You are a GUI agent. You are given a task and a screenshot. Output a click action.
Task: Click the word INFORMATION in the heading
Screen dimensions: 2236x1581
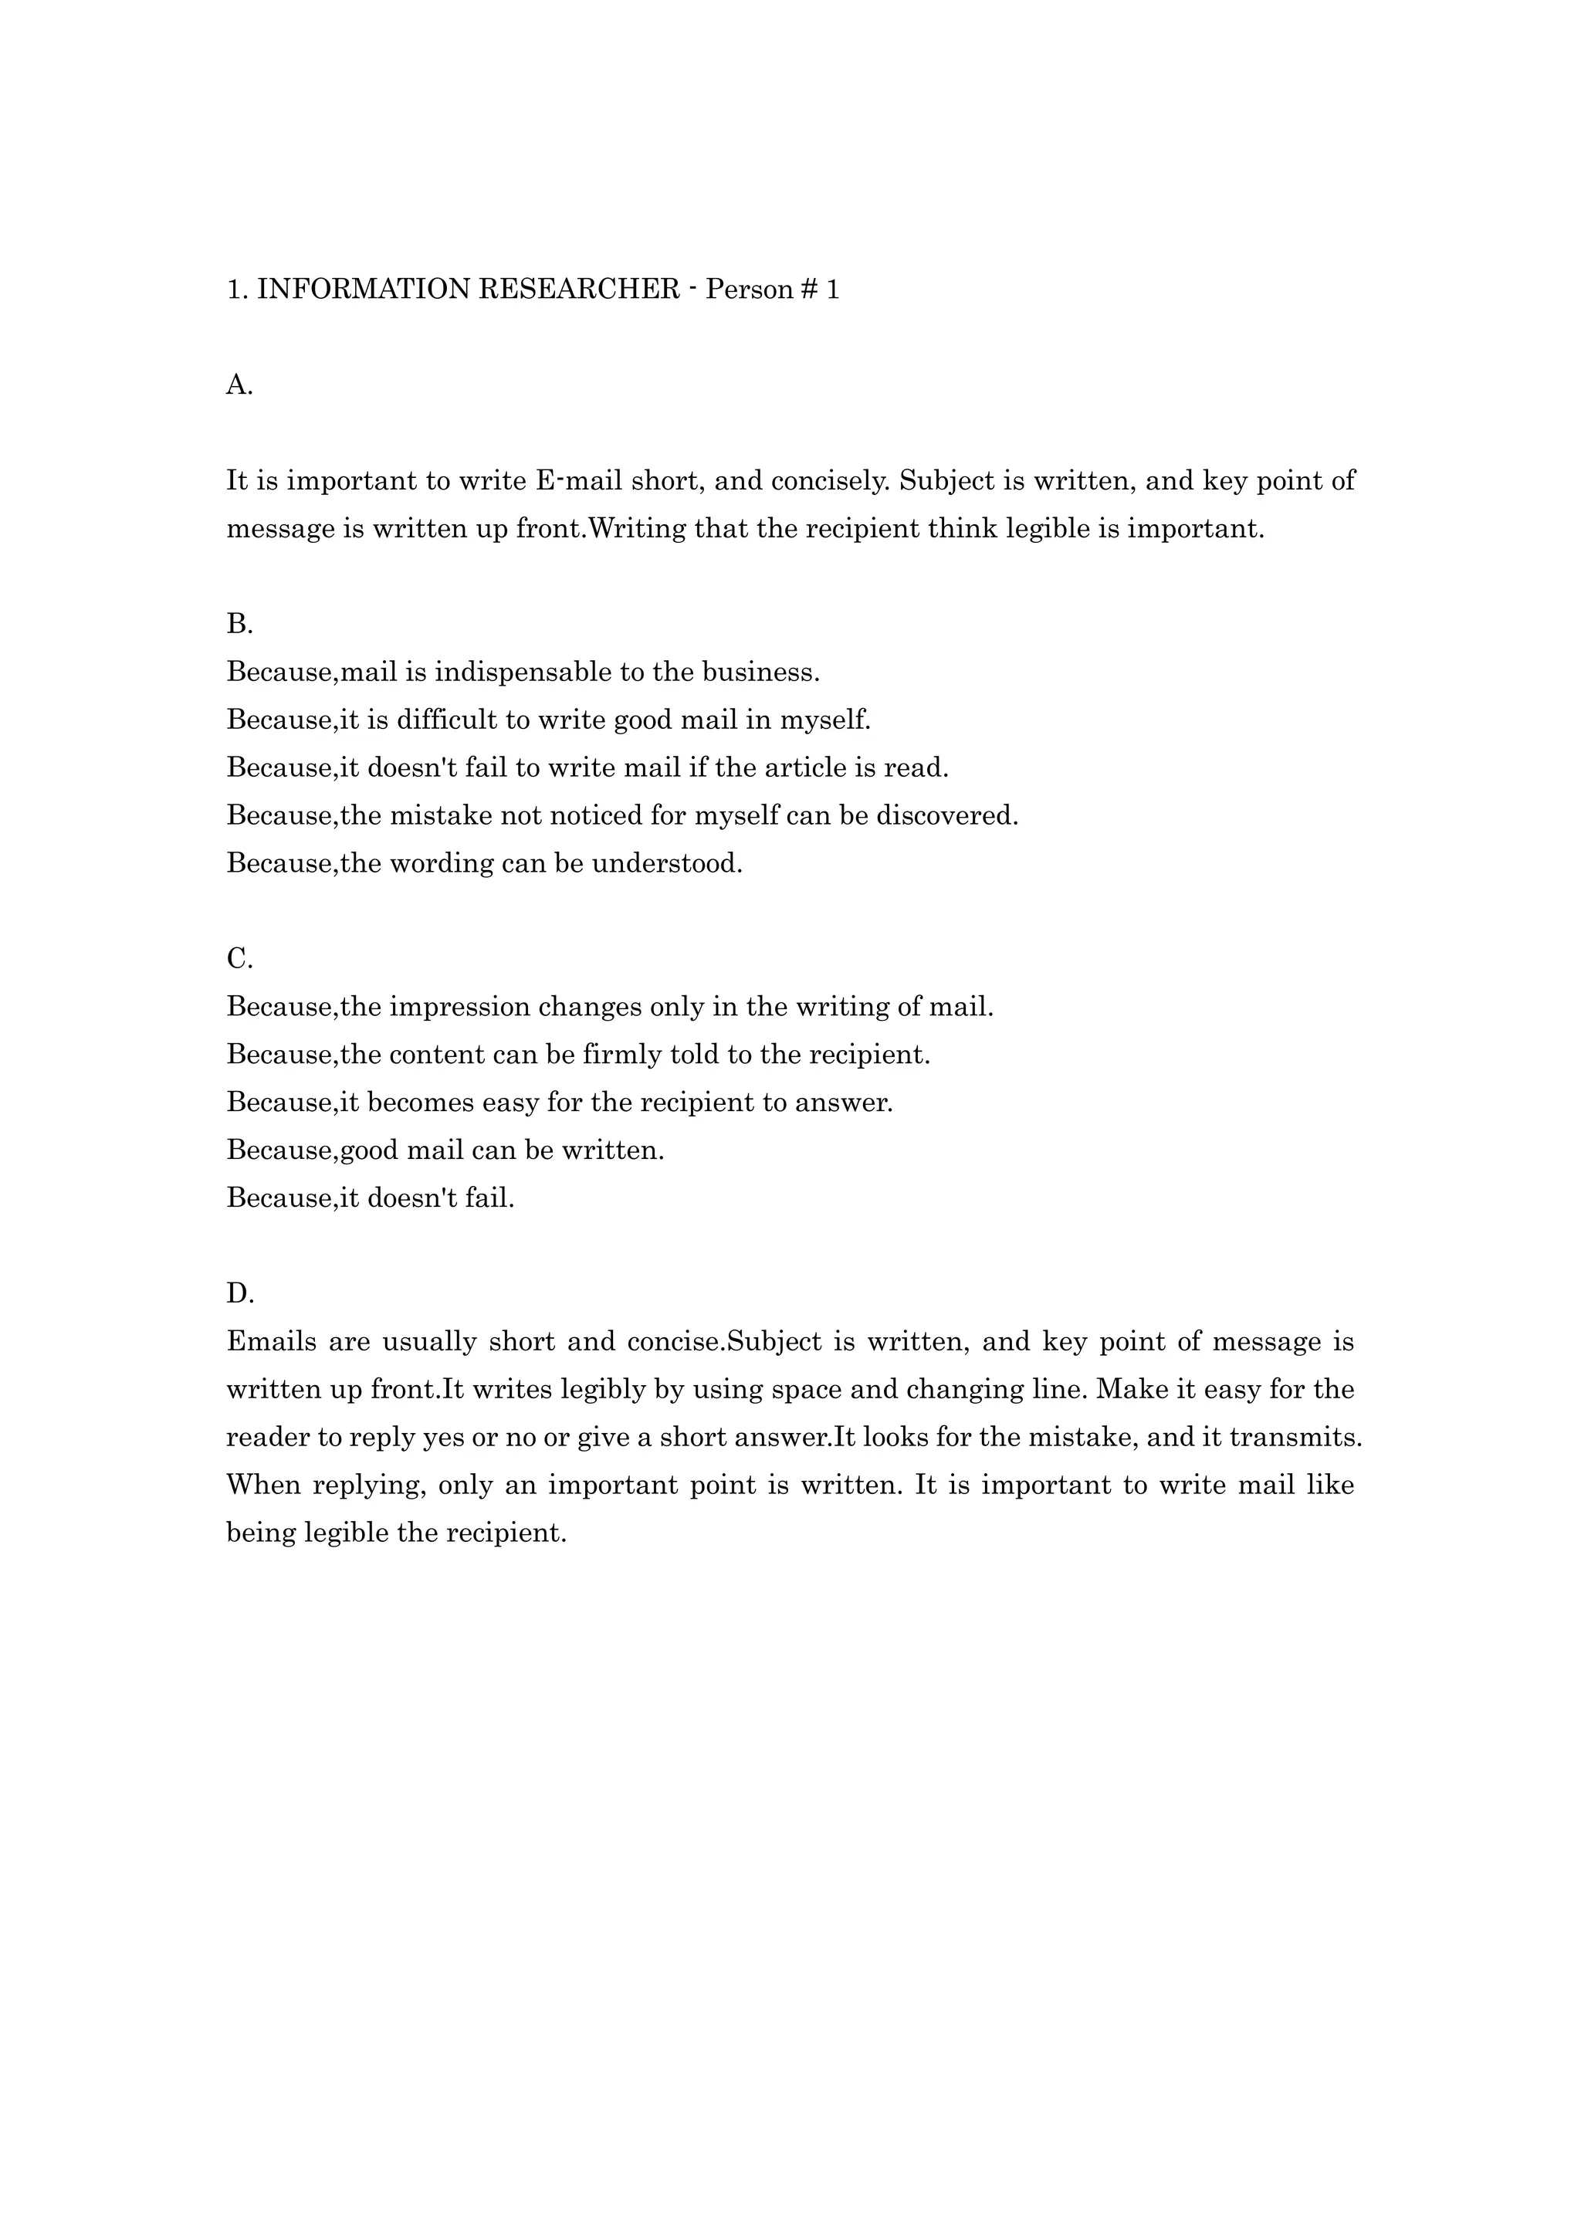363,290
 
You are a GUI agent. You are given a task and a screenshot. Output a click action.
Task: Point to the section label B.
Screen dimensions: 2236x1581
239,625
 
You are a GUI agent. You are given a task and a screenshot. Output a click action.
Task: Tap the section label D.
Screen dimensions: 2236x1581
239,1294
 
